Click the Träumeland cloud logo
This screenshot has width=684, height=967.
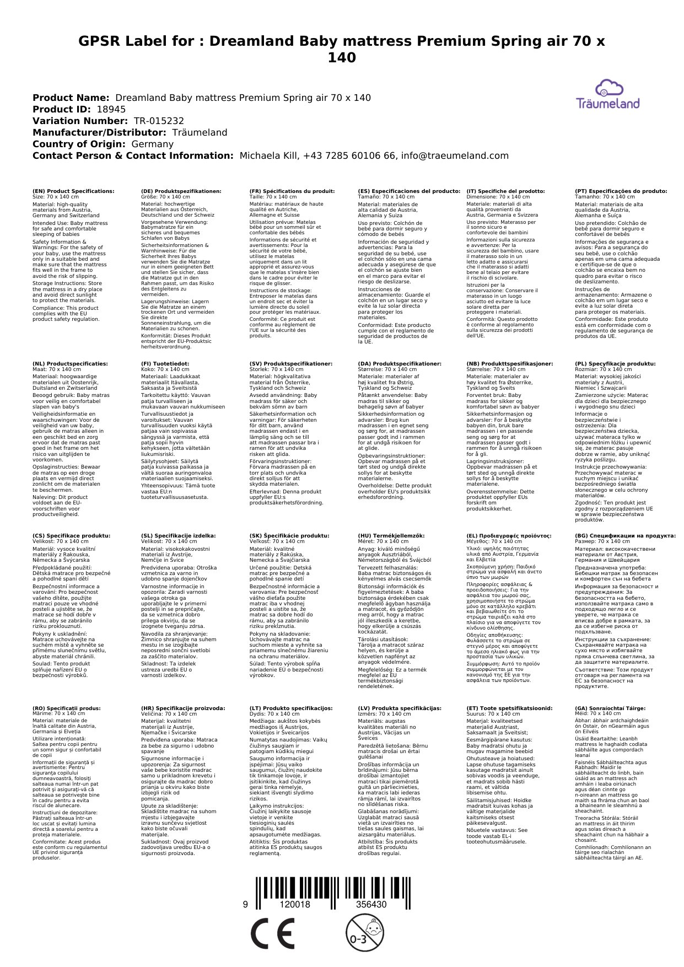pyautogui.click(x=607, y=94)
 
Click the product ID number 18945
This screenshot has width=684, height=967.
pyautogui.click(x=111, y=109)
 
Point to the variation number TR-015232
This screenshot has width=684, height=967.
pyautogui.click(x=159, y=121)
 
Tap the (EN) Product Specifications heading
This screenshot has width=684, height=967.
pyautogui.click(x=73, y=191)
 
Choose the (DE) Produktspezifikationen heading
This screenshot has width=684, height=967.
pyautogui.click(x=181, y=191)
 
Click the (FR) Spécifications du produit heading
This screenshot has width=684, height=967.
pyautogui.click(x=292, y=191)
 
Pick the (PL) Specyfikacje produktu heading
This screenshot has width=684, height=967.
pyautogui.click(x=615, y=364)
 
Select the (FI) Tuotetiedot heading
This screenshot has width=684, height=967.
pyautogui.click(x=165, y=364)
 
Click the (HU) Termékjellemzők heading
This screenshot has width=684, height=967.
pyautogui.click(x=391, y=535)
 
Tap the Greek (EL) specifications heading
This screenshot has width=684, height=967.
pyautogui.click(x=509, y=535)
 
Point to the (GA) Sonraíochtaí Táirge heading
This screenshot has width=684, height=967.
pyautogui.click(x=610, y=708)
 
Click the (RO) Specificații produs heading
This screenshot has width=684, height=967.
pyautogui.click(x=67, y=708)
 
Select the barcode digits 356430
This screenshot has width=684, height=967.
pyautogui.click(x=371, y=905)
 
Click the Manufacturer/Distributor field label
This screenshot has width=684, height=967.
pyautogui.click(x=99, y=132)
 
